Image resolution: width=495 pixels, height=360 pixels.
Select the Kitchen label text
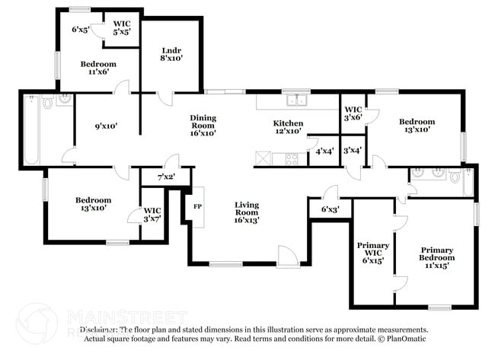point(289,123)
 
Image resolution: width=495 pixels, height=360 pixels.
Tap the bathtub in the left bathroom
point(31,130)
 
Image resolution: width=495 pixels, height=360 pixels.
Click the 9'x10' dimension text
point(106,126)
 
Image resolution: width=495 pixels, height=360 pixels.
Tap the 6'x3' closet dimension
point(331,209)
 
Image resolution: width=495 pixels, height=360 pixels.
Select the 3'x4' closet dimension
point(353,151)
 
